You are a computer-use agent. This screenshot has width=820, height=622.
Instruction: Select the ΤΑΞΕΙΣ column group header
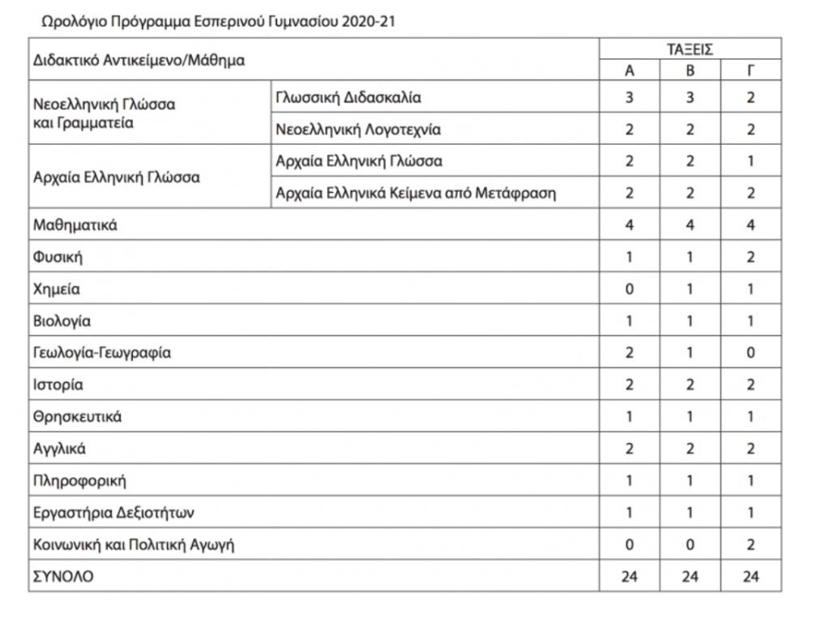690,49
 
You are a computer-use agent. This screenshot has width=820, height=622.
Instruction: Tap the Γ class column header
750,70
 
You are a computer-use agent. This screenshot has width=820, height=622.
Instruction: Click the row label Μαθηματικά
75,225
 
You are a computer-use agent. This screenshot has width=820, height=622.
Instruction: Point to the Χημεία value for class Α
629,289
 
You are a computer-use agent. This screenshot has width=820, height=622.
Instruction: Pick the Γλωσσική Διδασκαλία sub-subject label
349,98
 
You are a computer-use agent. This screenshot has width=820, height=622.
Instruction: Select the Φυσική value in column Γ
750,258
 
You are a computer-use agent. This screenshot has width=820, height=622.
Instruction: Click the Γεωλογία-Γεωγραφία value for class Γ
750,353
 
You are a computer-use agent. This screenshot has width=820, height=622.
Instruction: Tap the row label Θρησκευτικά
78,417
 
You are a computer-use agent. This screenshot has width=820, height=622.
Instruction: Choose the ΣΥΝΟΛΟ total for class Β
690,577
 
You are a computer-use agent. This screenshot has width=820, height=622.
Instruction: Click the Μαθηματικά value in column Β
690,225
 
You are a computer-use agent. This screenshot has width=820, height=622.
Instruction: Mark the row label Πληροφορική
80,481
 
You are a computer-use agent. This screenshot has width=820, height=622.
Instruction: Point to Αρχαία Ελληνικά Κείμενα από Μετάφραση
416,194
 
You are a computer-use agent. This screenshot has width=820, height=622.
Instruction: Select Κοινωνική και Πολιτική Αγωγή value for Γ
750,545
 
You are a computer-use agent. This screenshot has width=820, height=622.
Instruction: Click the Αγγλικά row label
60,449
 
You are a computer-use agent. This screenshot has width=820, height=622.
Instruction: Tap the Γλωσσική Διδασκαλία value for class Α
629,98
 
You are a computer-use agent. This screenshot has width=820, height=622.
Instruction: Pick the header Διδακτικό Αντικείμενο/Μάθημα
139,60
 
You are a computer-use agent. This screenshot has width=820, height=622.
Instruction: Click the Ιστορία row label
58,385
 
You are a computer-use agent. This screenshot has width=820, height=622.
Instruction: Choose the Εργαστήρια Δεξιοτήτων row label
114,513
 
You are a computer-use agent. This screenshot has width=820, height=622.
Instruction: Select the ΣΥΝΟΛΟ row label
64,577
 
